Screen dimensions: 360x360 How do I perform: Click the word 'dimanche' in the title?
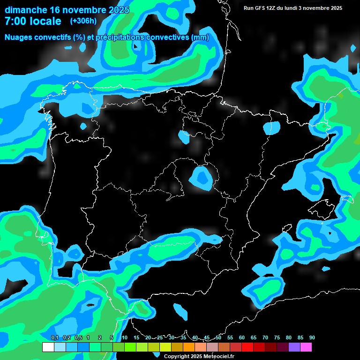point(25,10)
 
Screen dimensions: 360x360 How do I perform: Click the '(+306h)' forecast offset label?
point(83,21)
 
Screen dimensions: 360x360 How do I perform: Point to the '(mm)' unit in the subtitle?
point(200,37)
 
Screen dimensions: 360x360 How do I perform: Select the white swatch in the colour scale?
point(48,347)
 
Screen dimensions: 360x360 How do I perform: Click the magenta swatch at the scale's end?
point(306,347)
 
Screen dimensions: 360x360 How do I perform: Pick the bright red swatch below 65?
point(247,347)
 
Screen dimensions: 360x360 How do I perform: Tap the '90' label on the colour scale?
point(312,337)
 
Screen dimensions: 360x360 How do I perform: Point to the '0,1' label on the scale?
point(54,337)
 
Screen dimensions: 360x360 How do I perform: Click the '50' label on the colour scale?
point(218,337)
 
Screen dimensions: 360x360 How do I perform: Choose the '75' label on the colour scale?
point(277,337)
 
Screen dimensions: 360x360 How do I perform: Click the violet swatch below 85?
point(294,347)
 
